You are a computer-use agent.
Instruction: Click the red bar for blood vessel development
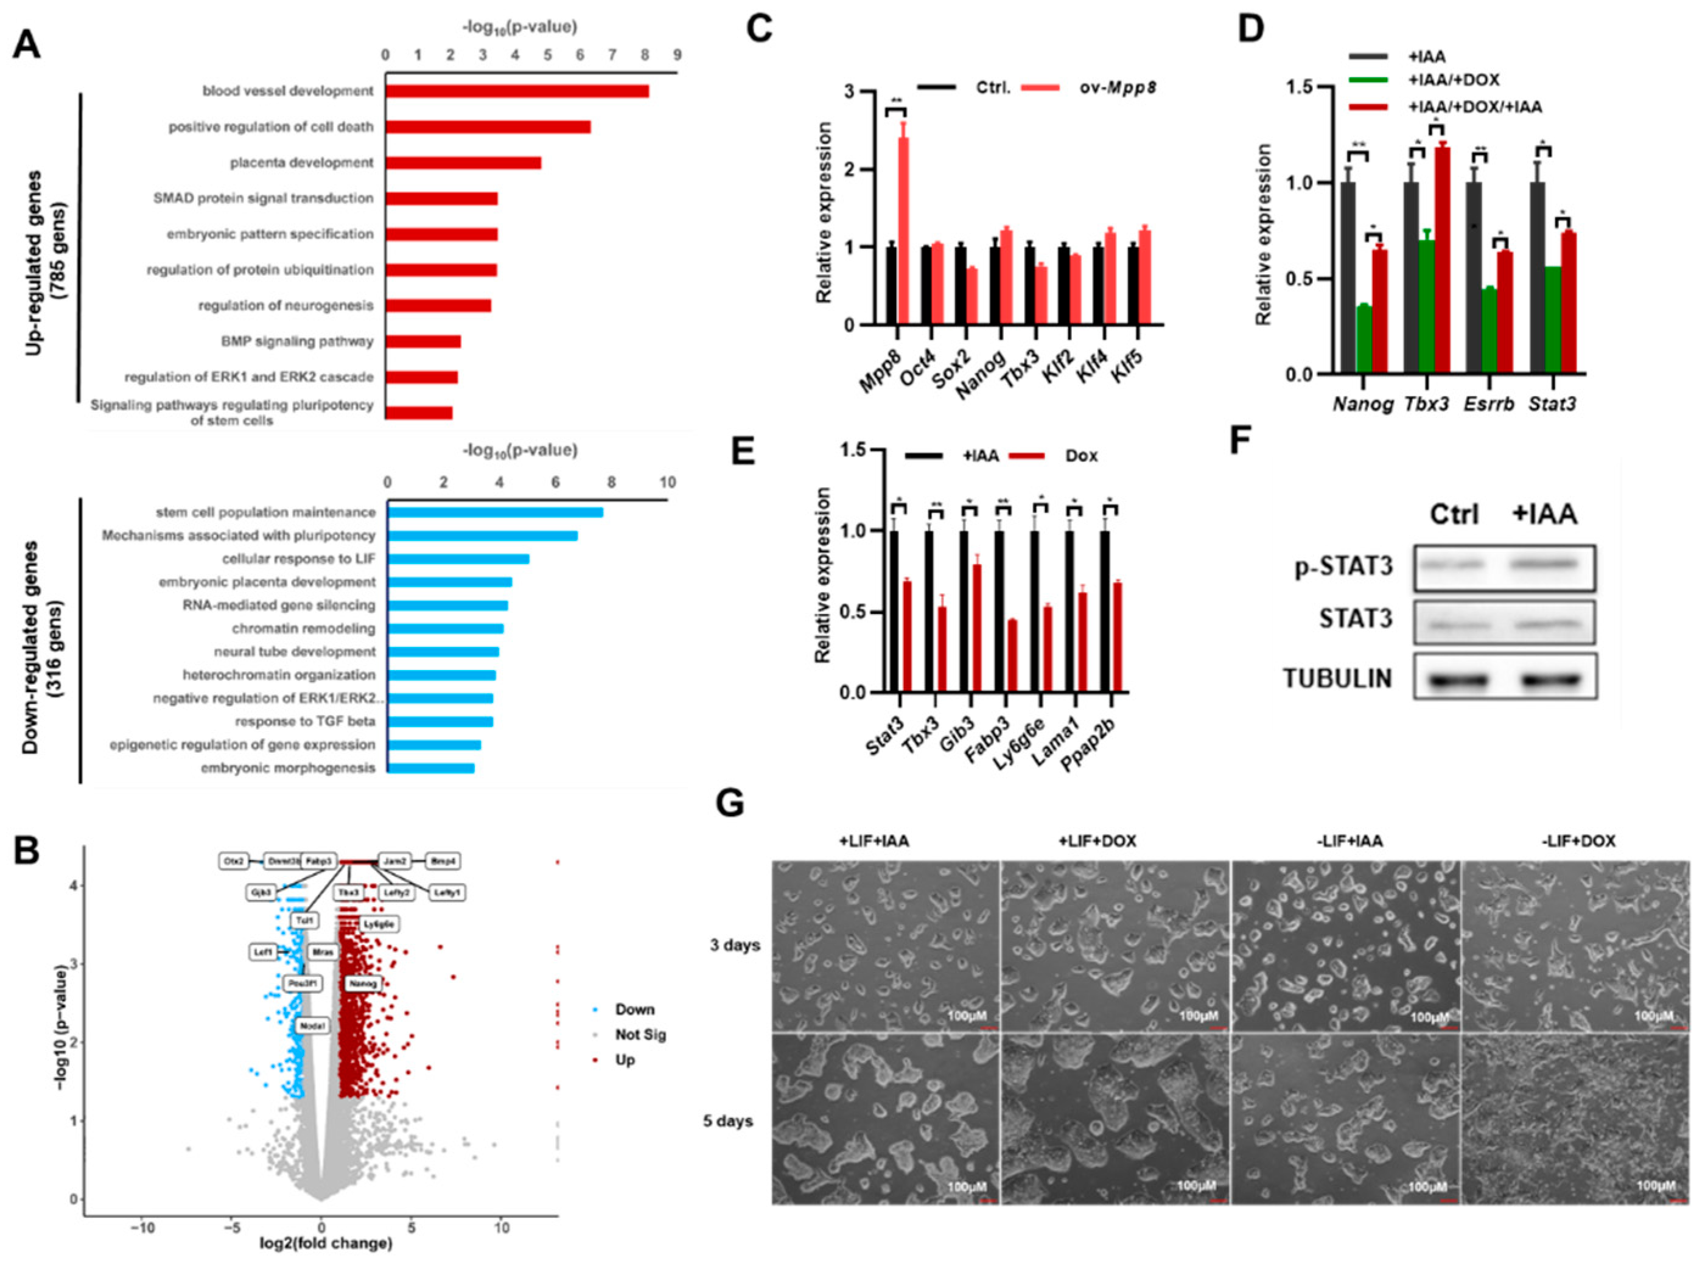pos(517,91)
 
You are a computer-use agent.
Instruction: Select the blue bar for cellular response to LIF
pos(458,559)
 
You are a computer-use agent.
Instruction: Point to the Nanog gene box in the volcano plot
pos(363,983)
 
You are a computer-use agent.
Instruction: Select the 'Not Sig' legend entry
pos(640,1035)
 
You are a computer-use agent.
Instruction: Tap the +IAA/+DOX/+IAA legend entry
pos(1474,108)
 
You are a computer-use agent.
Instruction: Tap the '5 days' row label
pos(728,1122)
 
